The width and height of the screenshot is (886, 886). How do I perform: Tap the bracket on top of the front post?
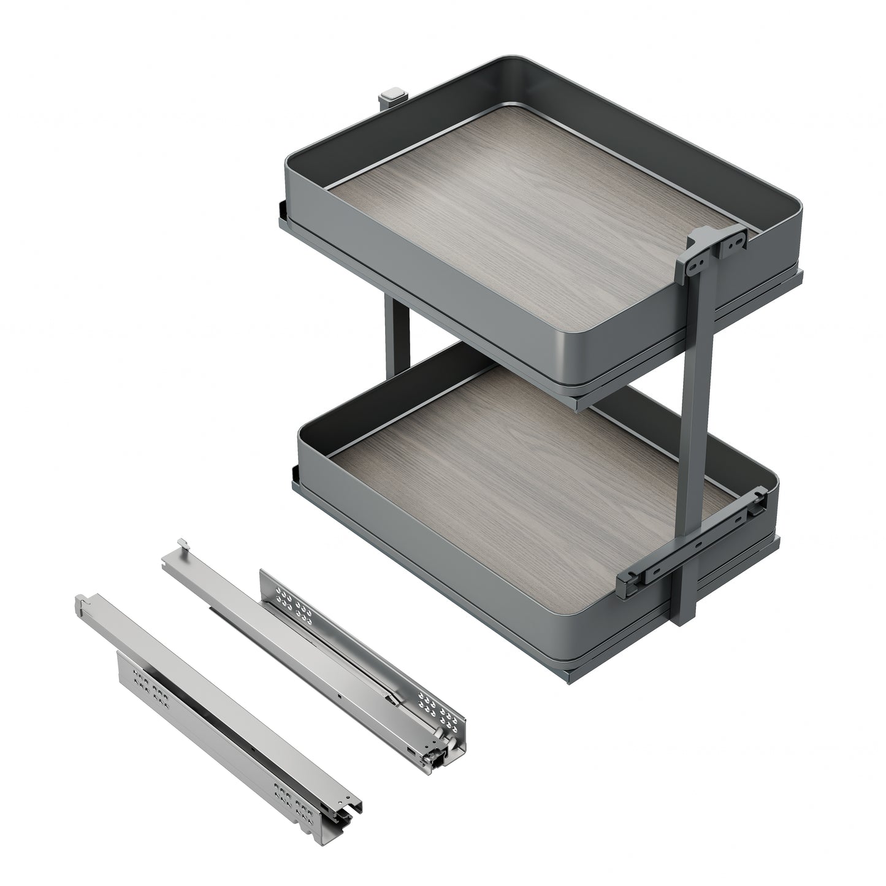pyautogui.click(x=717, y=242)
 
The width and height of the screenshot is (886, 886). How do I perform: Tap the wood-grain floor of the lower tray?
pyautogui.click(x=527, y=484)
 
